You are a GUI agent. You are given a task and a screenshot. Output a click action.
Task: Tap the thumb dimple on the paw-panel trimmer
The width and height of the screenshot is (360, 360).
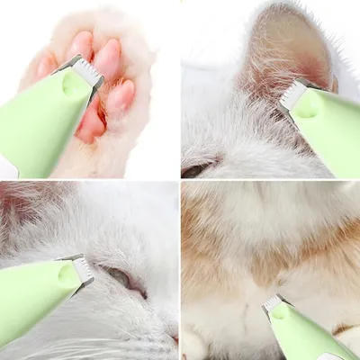coord(73,85)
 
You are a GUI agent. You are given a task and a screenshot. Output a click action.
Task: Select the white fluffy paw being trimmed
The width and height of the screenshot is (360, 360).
coord(135,108)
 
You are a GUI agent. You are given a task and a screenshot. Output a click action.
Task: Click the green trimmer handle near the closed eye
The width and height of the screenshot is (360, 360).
coord(31,306)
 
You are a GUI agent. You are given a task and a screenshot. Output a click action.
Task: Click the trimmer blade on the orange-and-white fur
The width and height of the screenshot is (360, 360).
coord(274,304)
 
